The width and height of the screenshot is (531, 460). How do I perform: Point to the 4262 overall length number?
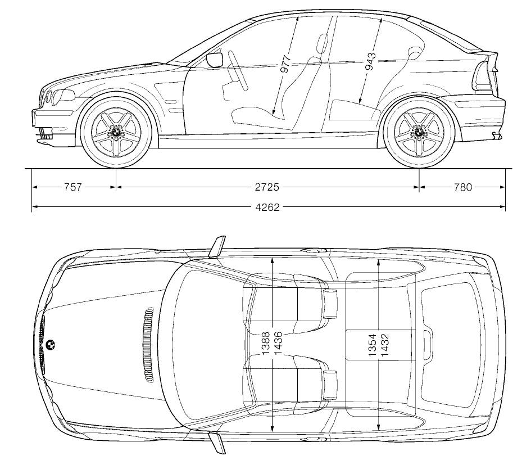[x=267, y=207]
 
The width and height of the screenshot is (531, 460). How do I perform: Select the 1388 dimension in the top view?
[x=266, y=341]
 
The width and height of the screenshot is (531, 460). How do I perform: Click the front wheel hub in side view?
[x=116, y=132]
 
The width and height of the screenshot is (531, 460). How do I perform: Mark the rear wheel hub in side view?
[x=419, y=132]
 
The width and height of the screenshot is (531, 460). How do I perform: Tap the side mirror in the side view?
[x=215, y=59]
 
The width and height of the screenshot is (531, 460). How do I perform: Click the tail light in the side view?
[x=485, y=73]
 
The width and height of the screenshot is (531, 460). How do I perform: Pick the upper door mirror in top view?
[x=217, y=246]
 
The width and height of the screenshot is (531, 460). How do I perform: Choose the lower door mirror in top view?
[x=217, y=443]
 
